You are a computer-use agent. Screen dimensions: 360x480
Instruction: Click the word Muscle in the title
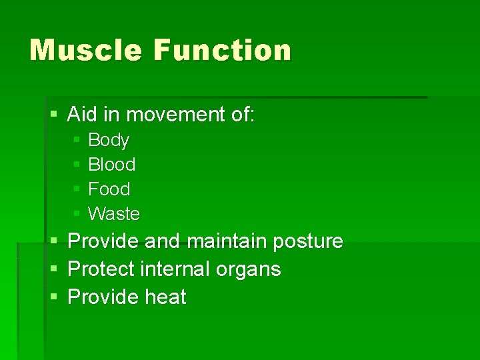[85, 51]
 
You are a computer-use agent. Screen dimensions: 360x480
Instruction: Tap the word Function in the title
[223, 51]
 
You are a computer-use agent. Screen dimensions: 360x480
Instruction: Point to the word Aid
[82, 115]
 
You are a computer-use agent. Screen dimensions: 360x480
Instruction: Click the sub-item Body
[109, 140]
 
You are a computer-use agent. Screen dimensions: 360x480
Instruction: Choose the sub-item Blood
[111, 165]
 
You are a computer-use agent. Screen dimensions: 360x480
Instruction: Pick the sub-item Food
[109, 189]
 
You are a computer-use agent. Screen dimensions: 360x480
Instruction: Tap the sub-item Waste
[114, 214]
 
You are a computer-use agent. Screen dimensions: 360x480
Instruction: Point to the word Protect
[102, 269]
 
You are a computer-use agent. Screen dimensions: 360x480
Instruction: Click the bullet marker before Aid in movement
[53, 115]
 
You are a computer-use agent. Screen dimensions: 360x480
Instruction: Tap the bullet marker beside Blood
[77, 165]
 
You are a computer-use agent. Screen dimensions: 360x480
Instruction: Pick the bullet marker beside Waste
[77, 214]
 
